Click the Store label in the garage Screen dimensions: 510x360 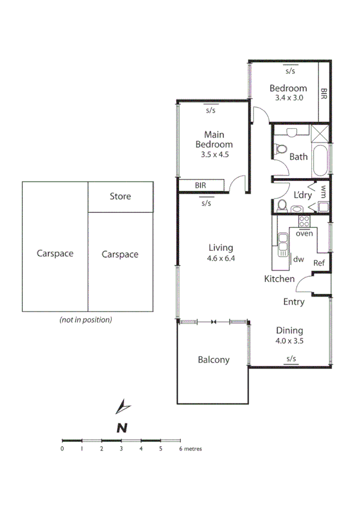click(x=120, y=196)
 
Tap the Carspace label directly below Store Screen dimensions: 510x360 click(x=120, y=254)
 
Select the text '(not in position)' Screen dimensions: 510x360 click(x=85, y=320)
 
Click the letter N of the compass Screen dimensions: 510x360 click(x=122, y=428)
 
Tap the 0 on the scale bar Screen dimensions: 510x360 click(x=62, y=449)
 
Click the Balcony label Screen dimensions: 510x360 click(x=213, y=360)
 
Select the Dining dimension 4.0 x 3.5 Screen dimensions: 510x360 click(x=289, y=340)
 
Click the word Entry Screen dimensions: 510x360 click(x=294, y=302)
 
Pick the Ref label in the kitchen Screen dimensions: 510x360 click(x=319, y=263)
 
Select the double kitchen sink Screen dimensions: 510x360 click(x=282, y=245)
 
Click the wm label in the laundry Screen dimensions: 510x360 click(x=323, y=192)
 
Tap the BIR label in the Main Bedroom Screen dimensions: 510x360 click(x=201, y=186)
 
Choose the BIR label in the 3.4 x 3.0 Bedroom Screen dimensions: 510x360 click(x=324, y=94)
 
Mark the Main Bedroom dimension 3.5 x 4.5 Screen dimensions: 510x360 click(x=213, y=154)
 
